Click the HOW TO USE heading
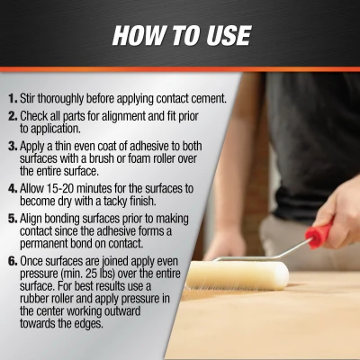pos(180,35)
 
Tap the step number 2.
pos(12,116)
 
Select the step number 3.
pos(12,147)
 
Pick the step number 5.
pos(12,219)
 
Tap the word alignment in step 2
pos(133,116)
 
